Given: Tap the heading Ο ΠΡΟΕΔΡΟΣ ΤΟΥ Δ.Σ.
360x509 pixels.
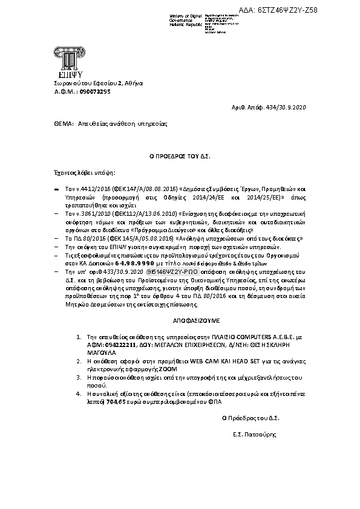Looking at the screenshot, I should [180, 155].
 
